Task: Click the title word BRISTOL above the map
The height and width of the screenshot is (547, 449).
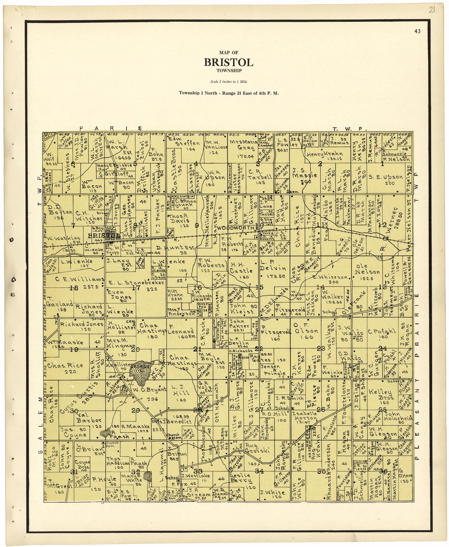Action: pos(229,62)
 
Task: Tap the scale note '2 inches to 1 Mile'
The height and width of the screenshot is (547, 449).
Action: pos(229,82)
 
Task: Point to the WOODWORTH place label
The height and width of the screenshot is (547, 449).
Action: pos(235,228)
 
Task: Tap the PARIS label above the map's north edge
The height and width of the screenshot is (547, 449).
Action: pos(111,128)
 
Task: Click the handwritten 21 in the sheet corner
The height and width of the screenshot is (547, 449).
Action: pos(431,10)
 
